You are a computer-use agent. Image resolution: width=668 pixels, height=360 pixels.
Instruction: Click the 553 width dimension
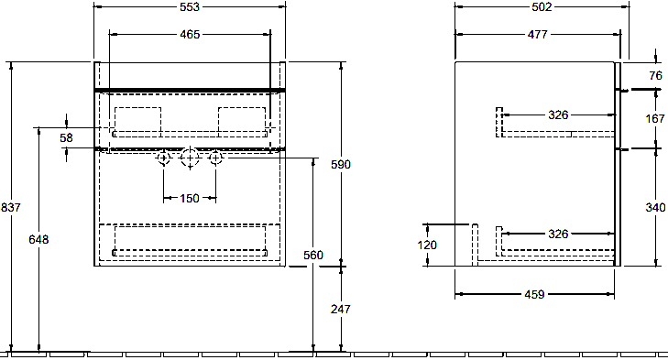[190, 7]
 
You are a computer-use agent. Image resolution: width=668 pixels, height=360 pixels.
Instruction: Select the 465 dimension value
[190, 35]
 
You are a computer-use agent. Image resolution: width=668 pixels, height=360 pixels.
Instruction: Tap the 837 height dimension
[11, 207]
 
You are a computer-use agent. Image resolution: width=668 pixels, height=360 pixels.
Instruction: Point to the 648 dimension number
[38, 239]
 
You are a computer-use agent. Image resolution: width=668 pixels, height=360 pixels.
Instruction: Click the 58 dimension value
[67, 137]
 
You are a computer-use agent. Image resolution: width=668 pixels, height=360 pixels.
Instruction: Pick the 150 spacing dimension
[190, 198]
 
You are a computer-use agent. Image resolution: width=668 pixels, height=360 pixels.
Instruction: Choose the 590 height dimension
[341, 164]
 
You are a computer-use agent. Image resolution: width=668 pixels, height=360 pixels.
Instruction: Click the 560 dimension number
[313, 255]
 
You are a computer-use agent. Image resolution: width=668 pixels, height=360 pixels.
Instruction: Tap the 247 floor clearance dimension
[341, 309]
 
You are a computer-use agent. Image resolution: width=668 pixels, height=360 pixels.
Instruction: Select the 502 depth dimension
[542, 7]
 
